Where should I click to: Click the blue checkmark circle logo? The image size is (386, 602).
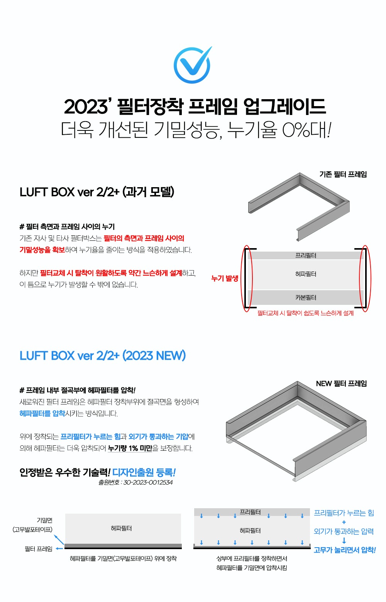tap(192, 65)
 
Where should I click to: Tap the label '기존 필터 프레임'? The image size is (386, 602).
tap(343, 174)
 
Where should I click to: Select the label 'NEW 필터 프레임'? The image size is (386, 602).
tap(341, 383)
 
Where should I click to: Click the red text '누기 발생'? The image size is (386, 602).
tap(225, 278)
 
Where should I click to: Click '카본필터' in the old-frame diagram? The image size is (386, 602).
tap(306, 297)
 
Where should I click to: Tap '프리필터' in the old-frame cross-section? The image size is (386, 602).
tap(306, 255)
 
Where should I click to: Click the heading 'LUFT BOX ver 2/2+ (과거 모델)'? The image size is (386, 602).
tap(97, 192)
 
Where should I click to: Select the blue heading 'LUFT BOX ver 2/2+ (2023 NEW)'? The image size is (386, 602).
tap(103, 355)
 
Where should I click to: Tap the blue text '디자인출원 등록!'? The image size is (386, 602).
tap(144, 472)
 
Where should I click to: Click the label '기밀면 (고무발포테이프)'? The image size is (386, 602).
tap(32, 525)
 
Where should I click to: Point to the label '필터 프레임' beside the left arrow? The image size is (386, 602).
tap(39, 549)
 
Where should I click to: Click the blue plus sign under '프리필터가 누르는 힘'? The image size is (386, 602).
tap(344, 522)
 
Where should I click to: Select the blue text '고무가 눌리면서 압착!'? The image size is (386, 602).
tap(345, 550)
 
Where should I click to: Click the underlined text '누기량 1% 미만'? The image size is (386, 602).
tap(130, 448)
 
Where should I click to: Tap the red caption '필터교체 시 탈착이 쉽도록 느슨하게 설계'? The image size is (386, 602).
tap(305, 313)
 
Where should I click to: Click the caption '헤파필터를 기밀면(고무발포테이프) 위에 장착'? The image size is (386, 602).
tap(124, 558)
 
